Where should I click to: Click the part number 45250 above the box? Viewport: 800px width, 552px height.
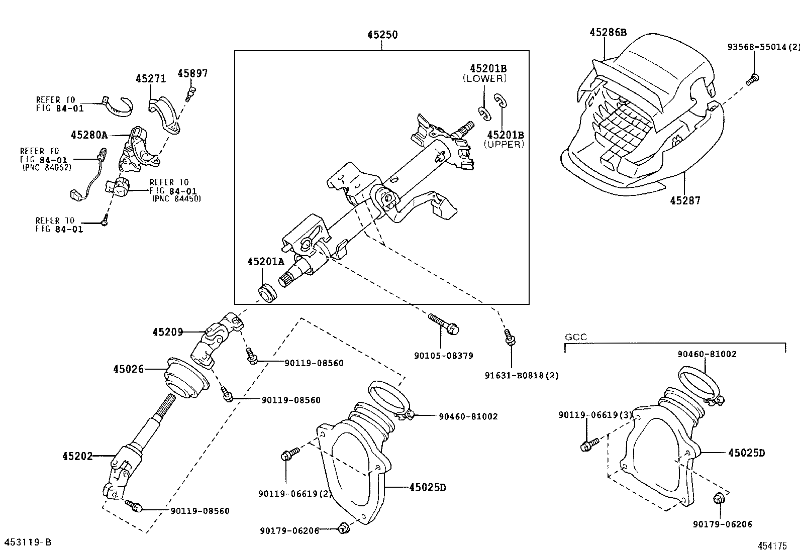(x=382, y=35)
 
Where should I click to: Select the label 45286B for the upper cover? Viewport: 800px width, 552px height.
(x=608, y=33)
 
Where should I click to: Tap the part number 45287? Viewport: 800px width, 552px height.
(x=685, y=201)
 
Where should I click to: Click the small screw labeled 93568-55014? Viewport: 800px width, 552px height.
(x=753, y=78)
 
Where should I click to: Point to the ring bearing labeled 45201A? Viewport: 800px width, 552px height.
(x=267, y=293)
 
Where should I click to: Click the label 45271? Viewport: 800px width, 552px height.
(x=151, y=79)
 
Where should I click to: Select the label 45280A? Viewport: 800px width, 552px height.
(x=89, y=135)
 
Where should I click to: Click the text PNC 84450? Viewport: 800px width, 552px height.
(x=176, y=198)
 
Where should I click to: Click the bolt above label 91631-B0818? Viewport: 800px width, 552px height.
(x=510, y=338)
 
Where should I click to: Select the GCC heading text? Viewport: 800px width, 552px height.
(x=576, y=337)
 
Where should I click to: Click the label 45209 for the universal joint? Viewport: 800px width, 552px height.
(x=168, y=332)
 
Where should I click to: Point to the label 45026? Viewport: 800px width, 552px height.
(x=128, y=369)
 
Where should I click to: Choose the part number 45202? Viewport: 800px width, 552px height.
(x=77, y=456)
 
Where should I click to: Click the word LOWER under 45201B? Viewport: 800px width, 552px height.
(x=484, y=78)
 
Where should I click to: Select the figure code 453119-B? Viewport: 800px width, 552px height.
(x=28, y=542)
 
